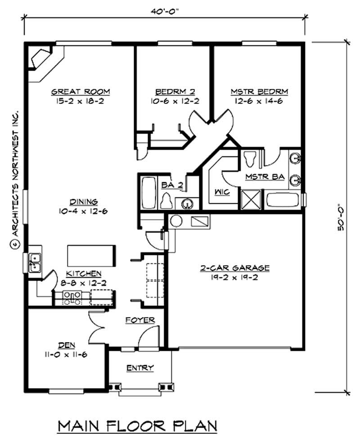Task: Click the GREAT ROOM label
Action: [81, 92]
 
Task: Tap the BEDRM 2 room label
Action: [175, 92]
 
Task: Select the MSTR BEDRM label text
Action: [259, 92]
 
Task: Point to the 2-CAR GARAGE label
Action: [234, 268]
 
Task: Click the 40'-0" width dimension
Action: [165, 12]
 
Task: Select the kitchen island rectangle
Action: [91, 256]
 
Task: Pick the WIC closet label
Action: [222, 192]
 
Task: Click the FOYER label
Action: [140, 320]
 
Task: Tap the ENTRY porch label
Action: [140, 368]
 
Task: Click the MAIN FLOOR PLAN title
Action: [138, 425]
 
